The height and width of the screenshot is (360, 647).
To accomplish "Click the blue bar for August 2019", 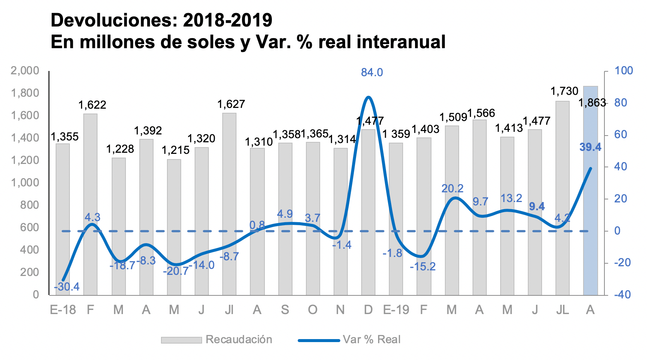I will point(590,190).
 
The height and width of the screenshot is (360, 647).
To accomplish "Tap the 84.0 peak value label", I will point(372,72).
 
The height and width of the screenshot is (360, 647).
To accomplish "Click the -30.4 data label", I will point(67,287).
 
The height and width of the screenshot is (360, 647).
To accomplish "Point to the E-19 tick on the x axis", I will point(396,310).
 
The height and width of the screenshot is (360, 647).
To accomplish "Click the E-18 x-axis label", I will point(63,310).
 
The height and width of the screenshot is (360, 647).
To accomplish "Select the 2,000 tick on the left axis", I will point(25,71).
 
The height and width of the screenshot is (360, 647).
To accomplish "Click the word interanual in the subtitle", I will point(401,42).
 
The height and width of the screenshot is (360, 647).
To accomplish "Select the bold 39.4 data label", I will point(590,147).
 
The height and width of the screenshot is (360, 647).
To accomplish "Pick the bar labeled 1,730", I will point(562,198).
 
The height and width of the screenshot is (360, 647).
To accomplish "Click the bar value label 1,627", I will point(231,104).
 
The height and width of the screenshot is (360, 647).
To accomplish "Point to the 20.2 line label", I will point(452,189).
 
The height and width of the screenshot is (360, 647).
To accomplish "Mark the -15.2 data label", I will point(422,267).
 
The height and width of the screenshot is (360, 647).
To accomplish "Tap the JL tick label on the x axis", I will point(562,310).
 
